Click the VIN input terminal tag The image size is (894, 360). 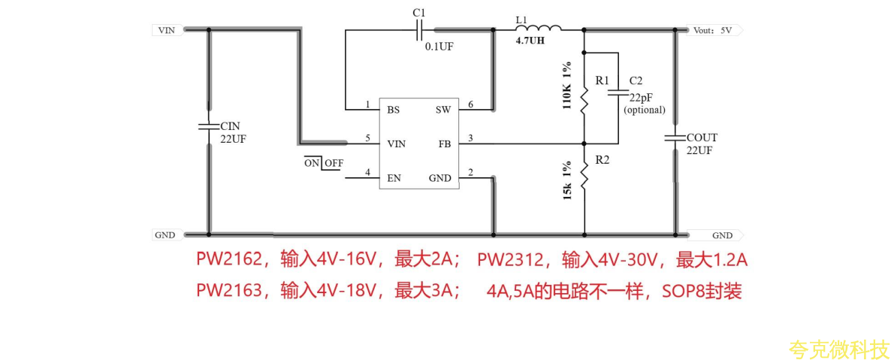click(x=165, y=30)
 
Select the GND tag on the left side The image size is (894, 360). click(x=165, y=235)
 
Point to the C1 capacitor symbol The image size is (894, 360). click(x=420, y=30)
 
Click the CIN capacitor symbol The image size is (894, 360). click(x=209, y=126)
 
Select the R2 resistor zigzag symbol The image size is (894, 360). click(x=584, y=180)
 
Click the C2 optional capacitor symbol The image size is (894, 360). click(x=618, y=92)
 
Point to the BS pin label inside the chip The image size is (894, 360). click(x=393, y=110)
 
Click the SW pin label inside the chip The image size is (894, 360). click(x=443, y=110)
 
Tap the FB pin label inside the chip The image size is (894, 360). click(x=445, y=144)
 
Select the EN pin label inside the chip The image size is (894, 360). click(x=394, y=178)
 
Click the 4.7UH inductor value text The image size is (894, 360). click(x=530, y=41)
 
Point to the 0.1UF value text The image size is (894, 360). click(x=439, y=46)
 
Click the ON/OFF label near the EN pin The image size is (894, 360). click(x=324, y=163)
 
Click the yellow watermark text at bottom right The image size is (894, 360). click(x=838, y=349)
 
